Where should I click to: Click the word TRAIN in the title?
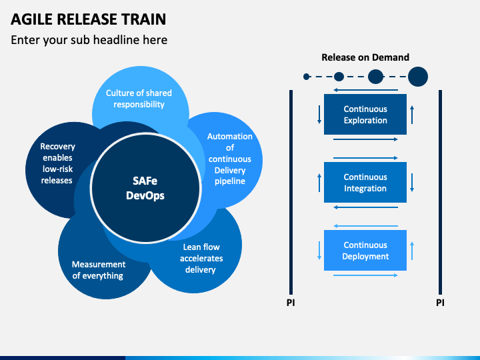pyautogui.click(x=144, y=19)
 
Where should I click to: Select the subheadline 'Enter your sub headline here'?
pyautogui.click(x=89, y=40)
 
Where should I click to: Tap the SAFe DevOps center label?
pyautogui.click(x=145, y=188)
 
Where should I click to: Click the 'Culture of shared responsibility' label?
pyautogui.click(x=139, y=99)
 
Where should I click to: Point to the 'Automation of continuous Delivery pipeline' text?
pyautogui.click(x=230, y=159)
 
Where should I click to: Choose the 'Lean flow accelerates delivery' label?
pyautogui.click(x=201, y=258)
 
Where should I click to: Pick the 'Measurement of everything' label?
pyautogui.click(x=98, y=270)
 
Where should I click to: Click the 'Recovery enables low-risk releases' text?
pyautogui.click(x=57, y=163)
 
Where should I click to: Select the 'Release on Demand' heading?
pyautogui.click(x=365, y=57)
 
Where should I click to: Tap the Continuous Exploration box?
pyautogui.click(x=365, y=114)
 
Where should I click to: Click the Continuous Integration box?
pyautogui.click(x=365, y=182)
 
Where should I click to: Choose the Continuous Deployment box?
pyautogui.click(x=365, y=250)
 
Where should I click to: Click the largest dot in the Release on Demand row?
pyautogui.click(x=418, y=77)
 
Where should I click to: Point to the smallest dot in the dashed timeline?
pyautogui.click(x=307, y=77)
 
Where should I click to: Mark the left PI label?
pyautogui.click(x=291, y=303)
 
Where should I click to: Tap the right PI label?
pyautogui.click(x=440, y=303)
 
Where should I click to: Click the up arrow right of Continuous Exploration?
pyautogui.click(x=412, y=115)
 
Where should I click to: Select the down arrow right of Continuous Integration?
pyautogui.click(x=412, y=183)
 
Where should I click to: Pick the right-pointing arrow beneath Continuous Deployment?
pyautogui.click(x=365, y=275)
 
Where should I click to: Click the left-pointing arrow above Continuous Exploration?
pyautogui.click(x=365, y=90)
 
